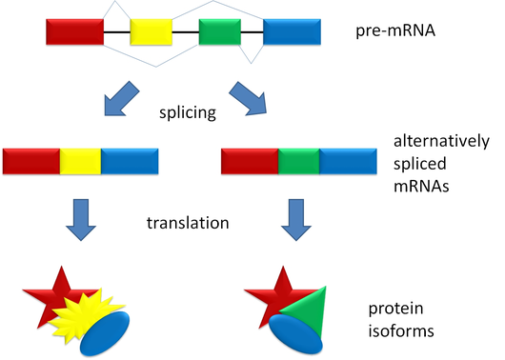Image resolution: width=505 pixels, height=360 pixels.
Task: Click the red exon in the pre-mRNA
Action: point(74,32)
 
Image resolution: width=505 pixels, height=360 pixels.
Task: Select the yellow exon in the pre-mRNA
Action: point(151,32)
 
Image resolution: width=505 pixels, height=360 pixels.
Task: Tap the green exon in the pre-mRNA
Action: point(220,32)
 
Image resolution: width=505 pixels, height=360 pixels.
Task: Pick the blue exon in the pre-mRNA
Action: point(292,32)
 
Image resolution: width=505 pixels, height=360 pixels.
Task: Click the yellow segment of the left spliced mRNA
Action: point(80,161)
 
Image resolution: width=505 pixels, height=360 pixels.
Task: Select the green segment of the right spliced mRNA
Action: point(298,161)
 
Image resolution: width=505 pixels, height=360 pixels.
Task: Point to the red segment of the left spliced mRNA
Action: point(30,161)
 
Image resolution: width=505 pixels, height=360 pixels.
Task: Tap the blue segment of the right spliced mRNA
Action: point(348,161)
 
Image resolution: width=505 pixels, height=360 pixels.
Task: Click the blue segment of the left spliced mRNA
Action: point(130,161)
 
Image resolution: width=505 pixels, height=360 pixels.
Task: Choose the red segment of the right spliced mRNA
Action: point(249,161)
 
